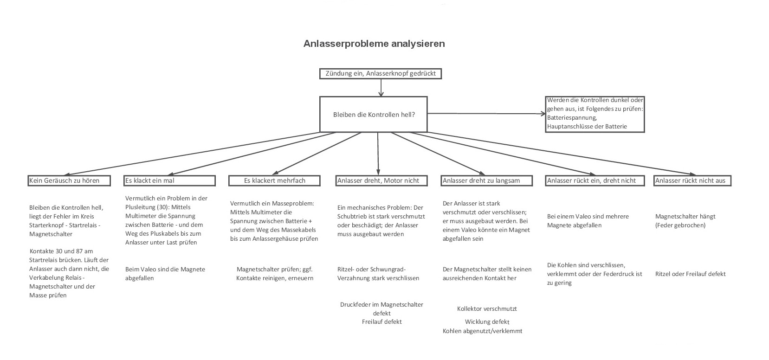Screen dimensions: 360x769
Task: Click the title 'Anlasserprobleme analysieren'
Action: pos(374,44)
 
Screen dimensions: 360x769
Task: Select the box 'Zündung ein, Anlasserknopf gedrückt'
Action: pos(381,73)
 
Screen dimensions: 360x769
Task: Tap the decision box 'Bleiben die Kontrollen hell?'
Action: pos(374,114)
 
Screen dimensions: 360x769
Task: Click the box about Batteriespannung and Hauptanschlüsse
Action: pos(595,114)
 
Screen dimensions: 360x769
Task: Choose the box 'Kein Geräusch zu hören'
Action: pos(69,180)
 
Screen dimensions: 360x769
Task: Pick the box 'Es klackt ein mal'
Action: pos(169,180)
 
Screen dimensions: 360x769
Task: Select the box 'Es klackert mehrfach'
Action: pos(275,180)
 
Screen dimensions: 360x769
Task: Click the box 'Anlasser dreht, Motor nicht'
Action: pos(378,180)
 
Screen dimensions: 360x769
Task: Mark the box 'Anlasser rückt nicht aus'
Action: pos(692,180)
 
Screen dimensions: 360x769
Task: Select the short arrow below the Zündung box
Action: pos(381,88)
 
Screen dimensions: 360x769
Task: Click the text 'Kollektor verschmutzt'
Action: pos(487,309)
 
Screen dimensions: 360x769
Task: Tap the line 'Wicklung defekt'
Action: pos(487,321)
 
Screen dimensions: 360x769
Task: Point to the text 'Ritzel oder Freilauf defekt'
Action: pos(690,274)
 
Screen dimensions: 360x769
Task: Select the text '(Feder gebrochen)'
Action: pos(680,225)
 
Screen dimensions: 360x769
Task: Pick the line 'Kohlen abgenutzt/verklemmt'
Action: pos(482,331)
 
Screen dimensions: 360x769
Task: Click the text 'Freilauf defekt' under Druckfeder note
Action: pos(381,321)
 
